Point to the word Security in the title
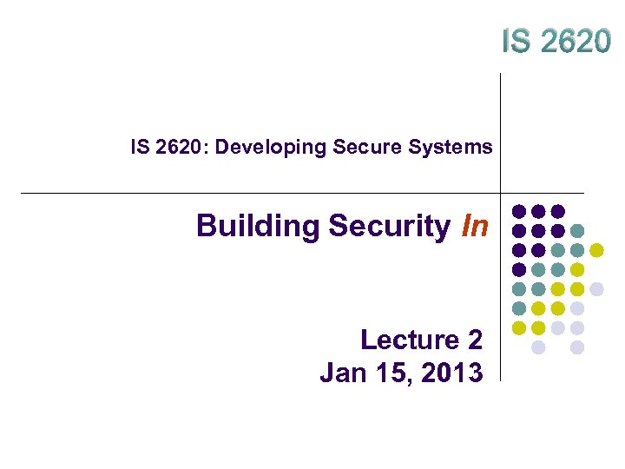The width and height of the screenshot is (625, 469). pos(390,226)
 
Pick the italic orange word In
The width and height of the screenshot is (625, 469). pos(476,226)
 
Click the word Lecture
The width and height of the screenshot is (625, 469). pos(408,340)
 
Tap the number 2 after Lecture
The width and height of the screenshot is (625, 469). pos(473,340)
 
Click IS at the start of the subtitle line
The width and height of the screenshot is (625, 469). pos(140,148)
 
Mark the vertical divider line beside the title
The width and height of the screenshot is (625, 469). pos(501,130)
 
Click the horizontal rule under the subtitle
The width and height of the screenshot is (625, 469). pos(260,193)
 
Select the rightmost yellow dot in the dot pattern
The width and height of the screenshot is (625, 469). pos(597,251)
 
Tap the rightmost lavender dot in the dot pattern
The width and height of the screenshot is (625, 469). pos(597,288)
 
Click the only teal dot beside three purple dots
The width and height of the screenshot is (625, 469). pos(578,231)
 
